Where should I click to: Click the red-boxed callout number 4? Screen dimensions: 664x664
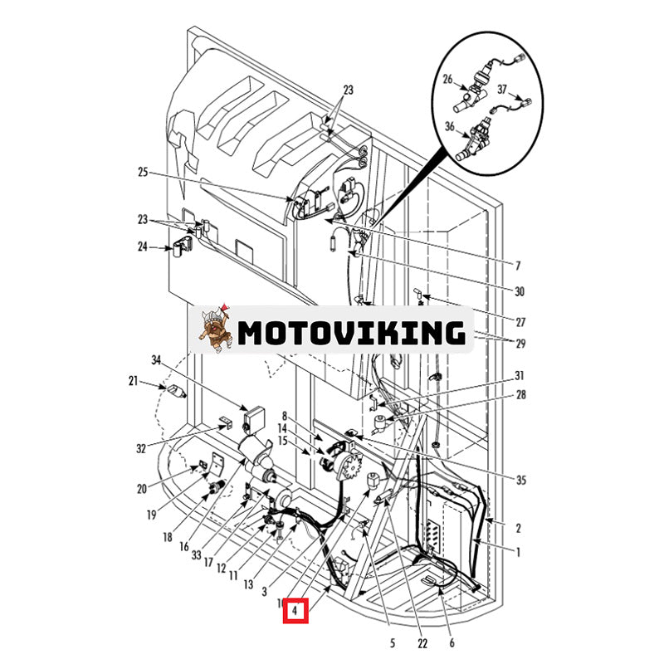click(x=295, y=613)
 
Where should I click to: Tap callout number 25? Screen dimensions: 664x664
click(x=142, y=173)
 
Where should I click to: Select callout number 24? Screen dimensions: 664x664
click(x=142, y=246)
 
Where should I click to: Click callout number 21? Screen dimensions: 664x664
click(x=133, y=381)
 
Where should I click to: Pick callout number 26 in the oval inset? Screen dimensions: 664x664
click(x=447, y=81)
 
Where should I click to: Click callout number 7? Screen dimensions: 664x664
click(x=518, y=266)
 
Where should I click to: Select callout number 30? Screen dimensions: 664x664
click(x=520, y=291)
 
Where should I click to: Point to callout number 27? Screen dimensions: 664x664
click(x=520, y=322)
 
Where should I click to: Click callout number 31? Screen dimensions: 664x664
click(x=520, y=375)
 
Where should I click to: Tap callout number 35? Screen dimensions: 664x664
click(x=520, y=480)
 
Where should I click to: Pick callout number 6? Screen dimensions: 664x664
click(x=452, y=642)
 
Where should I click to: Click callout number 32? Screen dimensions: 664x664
click(x=141, y=448)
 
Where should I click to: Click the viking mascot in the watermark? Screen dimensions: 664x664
click(x=214, y=329)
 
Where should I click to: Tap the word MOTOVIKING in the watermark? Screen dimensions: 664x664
click(x=351, y=332)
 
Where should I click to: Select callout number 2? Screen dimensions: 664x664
click(x=519, y=528)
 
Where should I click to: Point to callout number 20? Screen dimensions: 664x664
click(x=142, y=488)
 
